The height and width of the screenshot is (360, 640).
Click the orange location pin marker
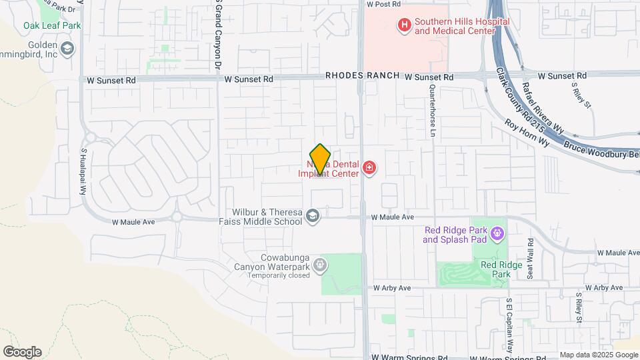pyautogui.click(x=321, y=159)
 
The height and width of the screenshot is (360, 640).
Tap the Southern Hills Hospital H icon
pyautogui.click(x=403, y=26)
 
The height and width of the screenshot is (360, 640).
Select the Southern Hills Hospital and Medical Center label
pyautogui.click(x=461, y=26)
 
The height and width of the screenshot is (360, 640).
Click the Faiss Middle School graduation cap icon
pyautogui.click(x=313, y=215)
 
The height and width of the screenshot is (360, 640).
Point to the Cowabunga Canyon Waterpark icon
pyautogui.click(x=320, y=265)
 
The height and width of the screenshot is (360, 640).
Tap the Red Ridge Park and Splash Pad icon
pyautogui.click(x=496, y=233)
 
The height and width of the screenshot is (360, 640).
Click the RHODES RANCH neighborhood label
pyautogui.click(x=362, y=77)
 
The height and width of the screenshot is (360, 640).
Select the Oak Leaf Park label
pyautogui.click(x=52, y=25)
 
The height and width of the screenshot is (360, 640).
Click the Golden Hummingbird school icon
pyautogui.click(x=67, y=49)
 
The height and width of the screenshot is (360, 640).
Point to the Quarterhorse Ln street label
pyautogui.click(x=432, y=111)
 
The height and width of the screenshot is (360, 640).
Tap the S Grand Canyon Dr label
pyautogui.click(x=218, y=35)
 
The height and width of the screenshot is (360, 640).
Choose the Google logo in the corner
pyautogui.click(x=22, y=351)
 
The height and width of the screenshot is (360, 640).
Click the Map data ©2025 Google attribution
pyautogui.click(x=599, y=355)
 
